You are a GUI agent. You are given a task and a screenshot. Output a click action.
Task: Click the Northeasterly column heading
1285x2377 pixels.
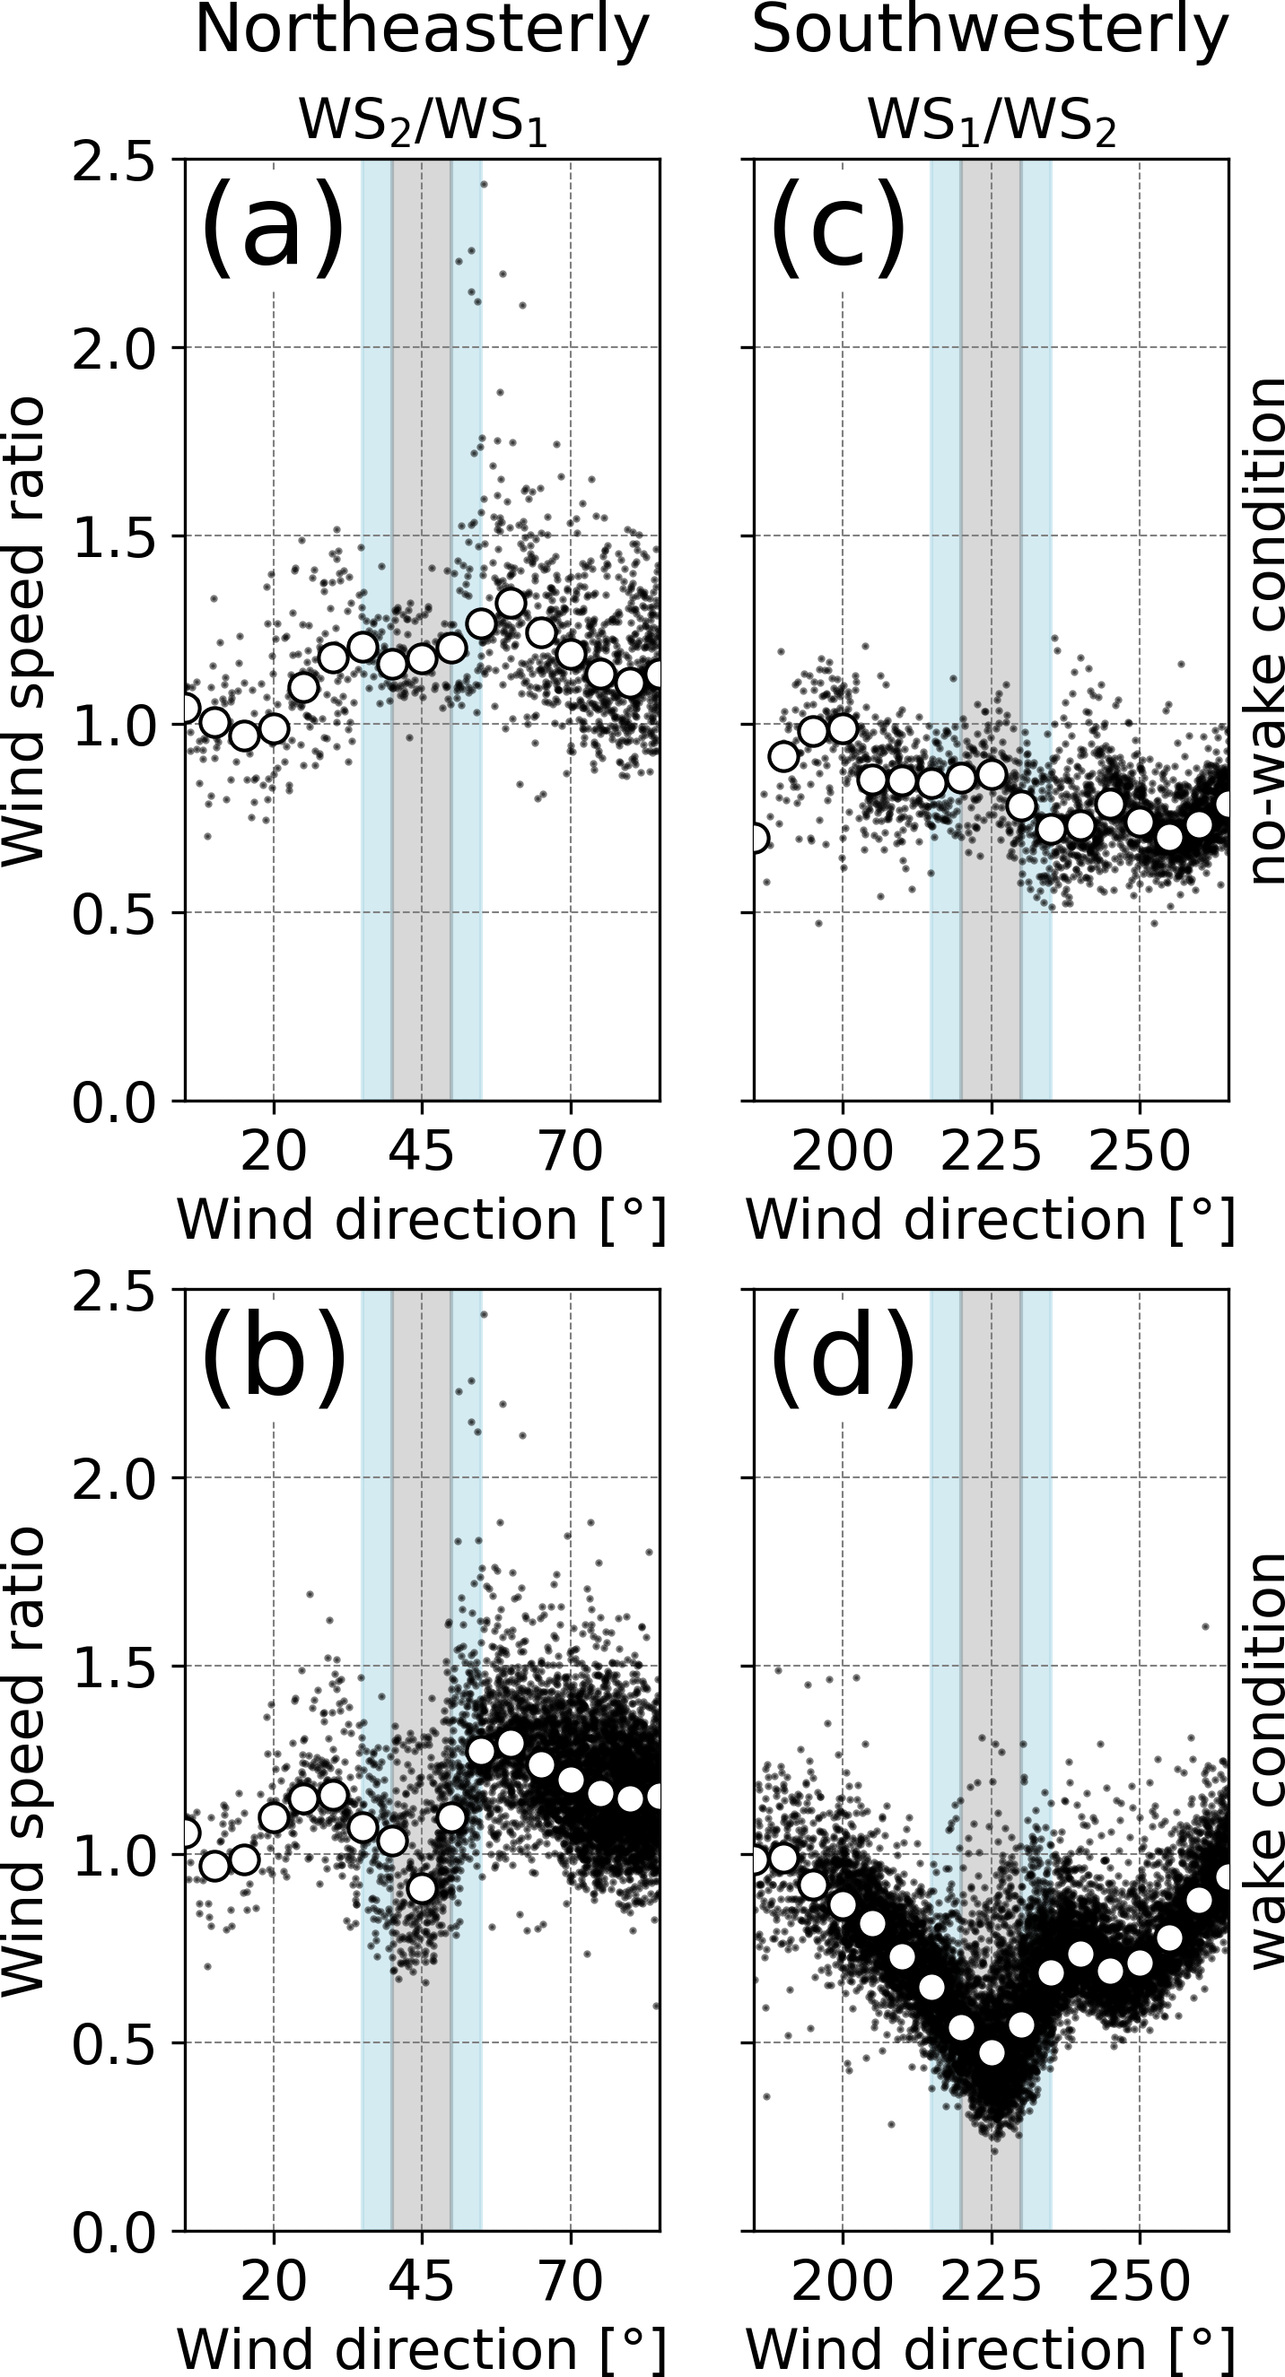422,32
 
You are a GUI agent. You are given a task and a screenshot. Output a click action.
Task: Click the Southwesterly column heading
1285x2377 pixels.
990,32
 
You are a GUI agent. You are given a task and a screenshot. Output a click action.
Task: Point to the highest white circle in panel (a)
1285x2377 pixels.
511,604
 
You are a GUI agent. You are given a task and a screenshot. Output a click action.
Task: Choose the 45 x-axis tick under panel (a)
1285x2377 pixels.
422,1152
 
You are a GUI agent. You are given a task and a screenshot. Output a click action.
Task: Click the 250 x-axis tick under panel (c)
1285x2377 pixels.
1139,1152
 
